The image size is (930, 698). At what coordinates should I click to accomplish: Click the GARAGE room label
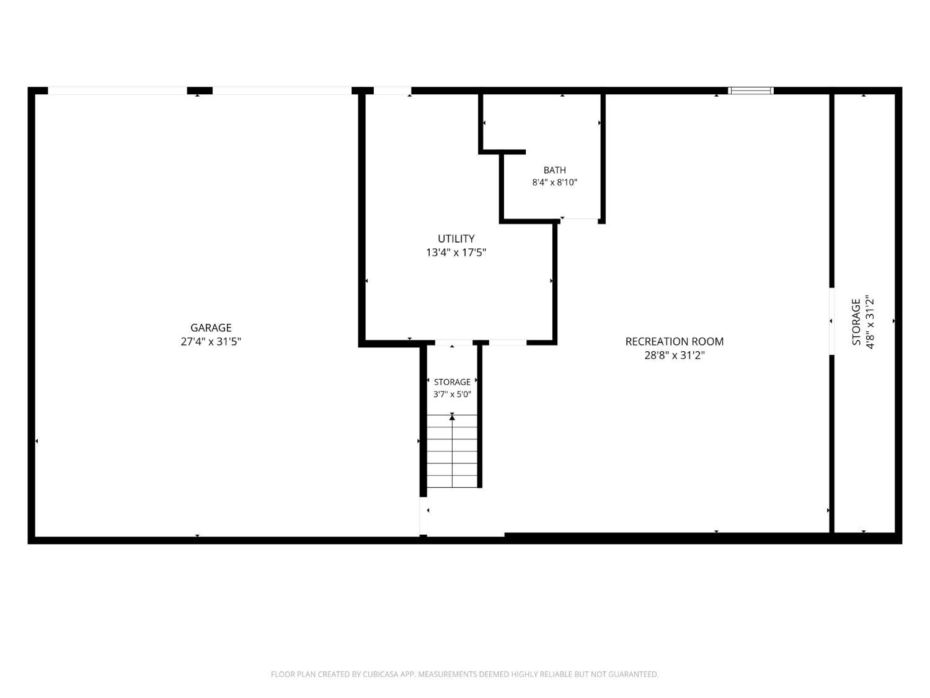pyautogui.click(x=211, y=328)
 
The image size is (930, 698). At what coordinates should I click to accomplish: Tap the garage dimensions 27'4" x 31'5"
pyautogui.click(x=211, y=342)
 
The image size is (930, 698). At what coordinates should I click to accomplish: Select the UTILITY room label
pyautogui.click(x=456, y=239)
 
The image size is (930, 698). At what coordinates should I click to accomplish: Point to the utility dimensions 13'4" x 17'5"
pyautogui.click(x=456, y=253)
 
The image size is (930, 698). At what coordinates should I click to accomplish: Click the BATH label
pyautogui.click(x=555, y=170)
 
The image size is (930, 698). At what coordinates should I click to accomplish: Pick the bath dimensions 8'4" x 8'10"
pyautogui.click(x=555, y=182)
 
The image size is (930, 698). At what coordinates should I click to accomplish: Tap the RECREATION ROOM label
pyautogui.click(x=675, y=342)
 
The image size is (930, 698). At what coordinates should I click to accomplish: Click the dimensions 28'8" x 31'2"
pyautogui.click(x=675, y=355)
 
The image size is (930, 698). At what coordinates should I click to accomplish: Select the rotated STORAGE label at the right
pyautogui.click(x=856, y=321)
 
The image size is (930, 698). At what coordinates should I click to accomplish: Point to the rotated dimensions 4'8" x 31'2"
pyautogui.click(x=870, y=321)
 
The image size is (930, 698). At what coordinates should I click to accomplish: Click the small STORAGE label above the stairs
pyautogui.click(x=452, y=382)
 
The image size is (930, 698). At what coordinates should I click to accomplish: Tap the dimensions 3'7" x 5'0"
pyautogui.click(x=452, y=394)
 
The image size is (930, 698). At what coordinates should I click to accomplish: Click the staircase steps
pyautogui.click(x=452, y=451)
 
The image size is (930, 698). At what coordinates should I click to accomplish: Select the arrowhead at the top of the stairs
pyautogui.click(x=452, y=418)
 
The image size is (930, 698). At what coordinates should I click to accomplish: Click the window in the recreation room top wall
pyautogui.click(x=751, y=90)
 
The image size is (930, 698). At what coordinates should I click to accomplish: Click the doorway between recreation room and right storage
pyautogui.click(x=831, y=321)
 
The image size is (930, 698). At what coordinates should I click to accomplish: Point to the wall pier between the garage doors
pyautogui.click(x=200, y=90)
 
